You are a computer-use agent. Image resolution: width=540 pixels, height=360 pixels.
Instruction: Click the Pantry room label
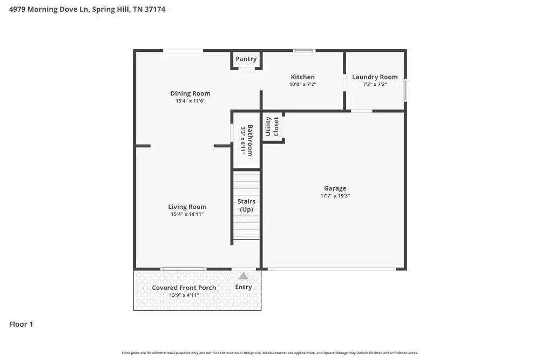[246, 59]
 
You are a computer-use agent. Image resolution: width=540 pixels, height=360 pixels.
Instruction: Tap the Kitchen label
[302, 77]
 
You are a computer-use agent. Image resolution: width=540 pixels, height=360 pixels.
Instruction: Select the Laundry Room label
[375, 77]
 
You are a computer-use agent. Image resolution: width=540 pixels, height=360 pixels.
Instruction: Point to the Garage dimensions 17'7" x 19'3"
[335, 196]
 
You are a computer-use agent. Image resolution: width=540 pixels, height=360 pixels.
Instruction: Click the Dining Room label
[190, 93]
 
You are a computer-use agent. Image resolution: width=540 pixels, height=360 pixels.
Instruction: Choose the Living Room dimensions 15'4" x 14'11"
[187, 214]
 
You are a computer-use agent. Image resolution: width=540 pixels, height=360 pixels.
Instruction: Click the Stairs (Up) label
[246, 205]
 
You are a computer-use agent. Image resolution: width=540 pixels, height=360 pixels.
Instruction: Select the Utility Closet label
[272, 126]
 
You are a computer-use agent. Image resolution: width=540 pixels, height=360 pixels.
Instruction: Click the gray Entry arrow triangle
[244, 276]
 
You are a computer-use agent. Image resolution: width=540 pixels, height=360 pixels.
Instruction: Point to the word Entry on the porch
[244, 287]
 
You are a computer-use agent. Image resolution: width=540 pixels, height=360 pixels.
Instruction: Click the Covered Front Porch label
[184, 288]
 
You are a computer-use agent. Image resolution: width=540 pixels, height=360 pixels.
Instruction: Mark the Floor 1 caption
[21, 324]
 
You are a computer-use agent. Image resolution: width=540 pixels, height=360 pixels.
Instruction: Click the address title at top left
[87, 9]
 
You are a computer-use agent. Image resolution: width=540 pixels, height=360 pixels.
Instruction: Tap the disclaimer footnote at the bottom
[269, 353]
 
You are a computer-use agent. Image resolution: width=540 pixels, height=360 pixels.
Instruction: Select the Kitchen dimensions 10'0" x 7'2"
[302, 84]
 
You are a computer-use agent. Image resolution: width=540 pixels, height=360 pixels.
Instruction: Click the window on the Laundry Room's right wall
[405, 90]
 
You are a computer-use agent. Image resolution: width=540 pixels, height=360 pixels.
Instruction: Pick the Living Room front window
[184, 269]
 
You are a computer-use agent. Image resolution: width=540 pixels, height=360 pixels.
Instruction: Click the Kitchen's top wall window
[304, 51]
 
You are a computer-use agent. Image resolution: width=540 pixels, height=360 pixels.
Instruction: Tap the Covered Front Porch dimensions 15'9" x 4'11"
[184, 295]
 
